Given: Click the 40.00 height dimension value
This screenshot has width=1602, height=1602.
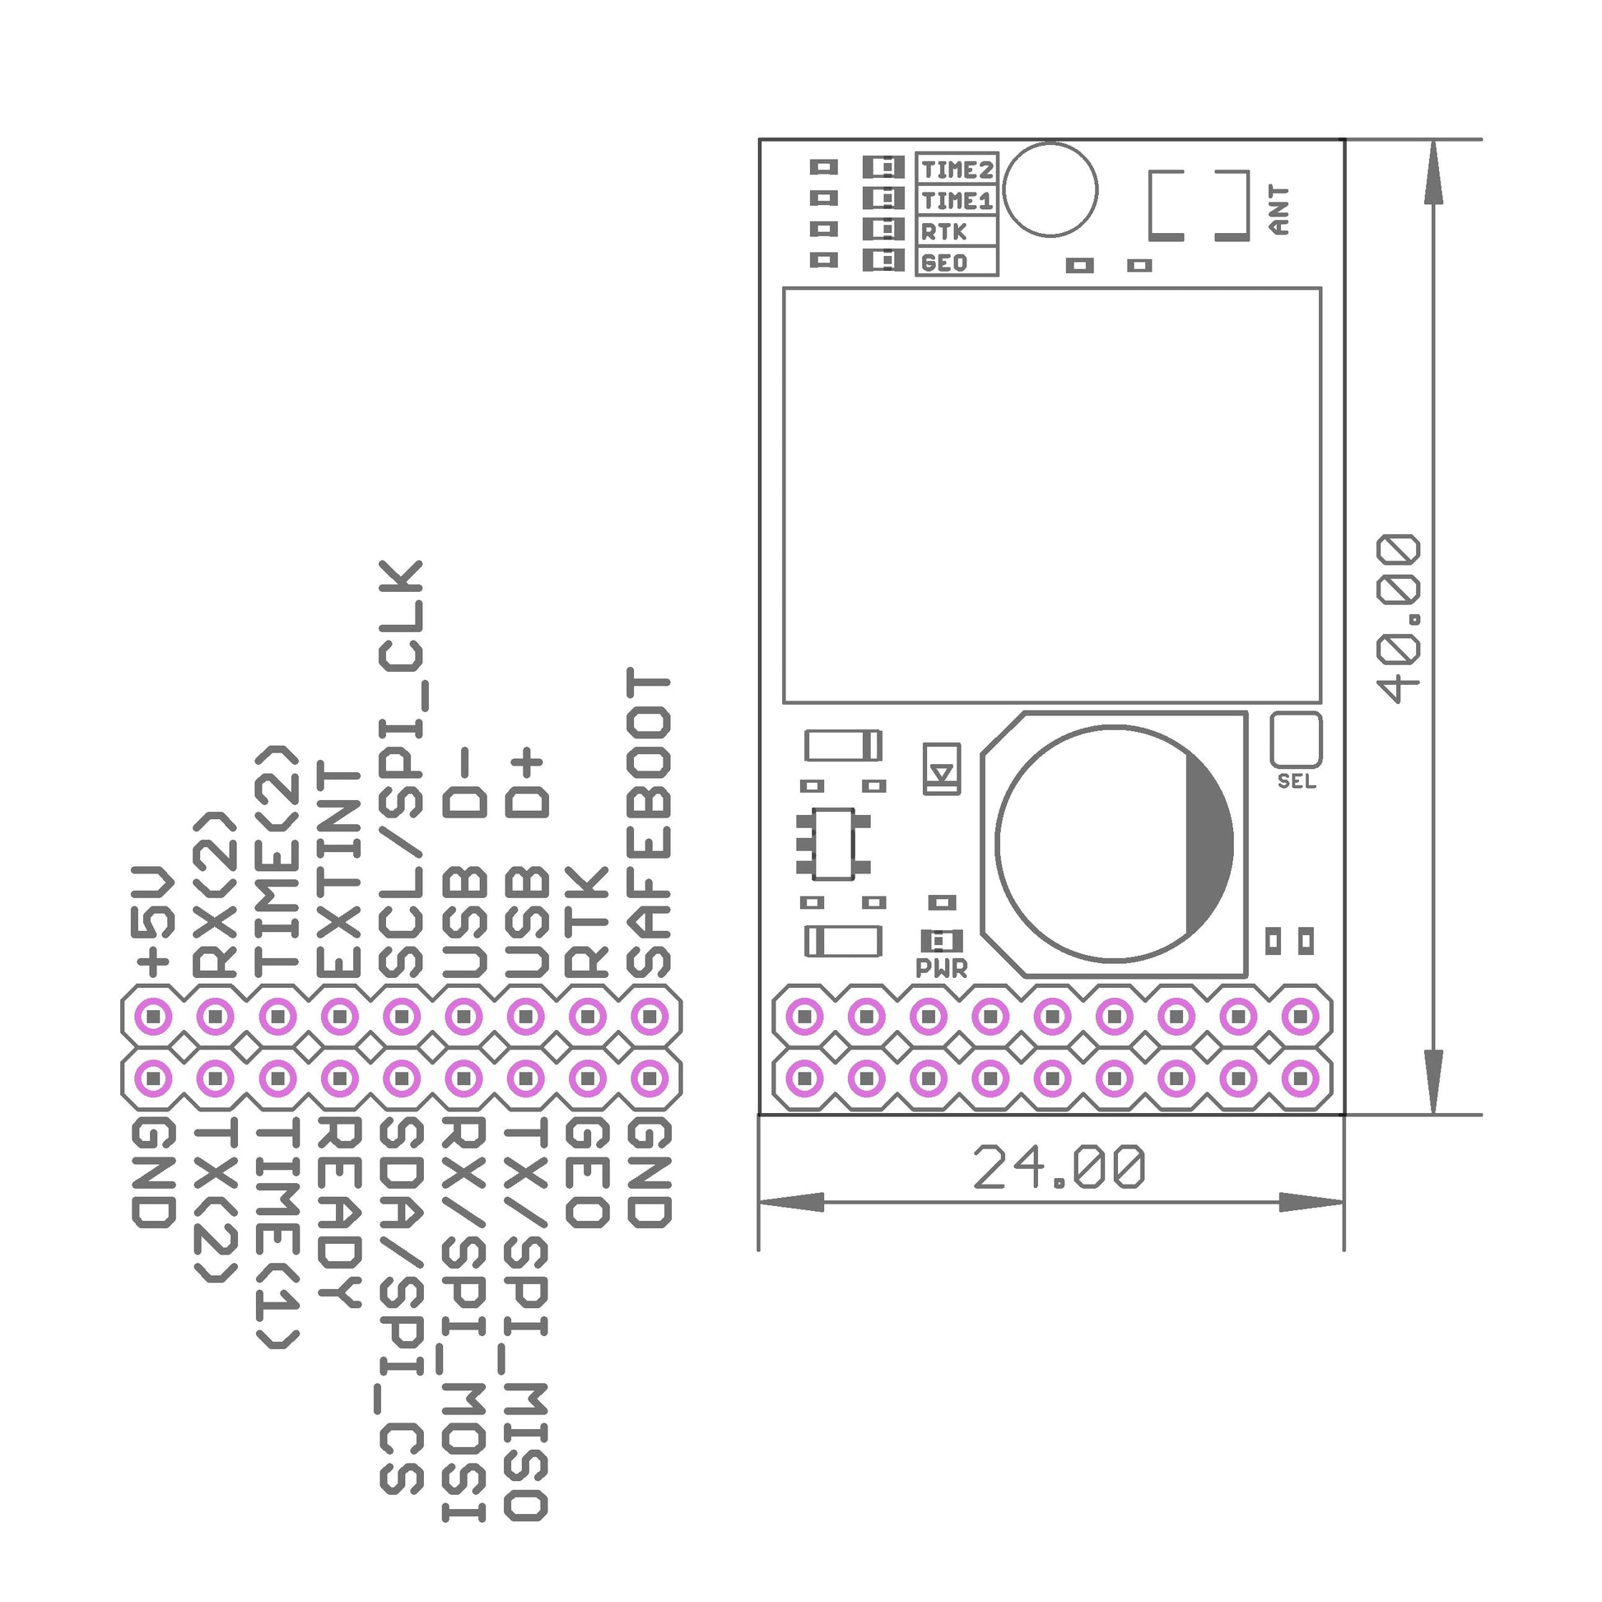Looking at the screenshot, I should click(x=1398, y=618).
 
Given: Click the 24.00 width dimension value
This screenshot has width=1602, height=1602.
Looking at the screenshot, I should click(x=1059, y=1167).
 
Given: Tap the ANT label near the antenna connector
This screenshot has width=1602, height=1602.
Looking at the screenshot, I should click(x=1279, y=210).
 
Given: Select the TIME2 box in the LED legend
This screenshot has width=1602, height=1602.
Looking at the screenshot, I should click(x=956, y=169).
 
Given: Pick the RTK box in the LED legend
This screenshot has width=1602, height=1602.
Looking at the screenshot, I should click(x=956, y=231).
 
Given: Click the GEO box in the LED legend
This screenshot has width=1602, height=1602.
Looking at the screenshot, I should click(x=956, y=262).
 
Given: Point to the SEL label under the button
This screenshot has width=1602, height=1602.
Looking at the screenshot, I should click(x=1296, y=781).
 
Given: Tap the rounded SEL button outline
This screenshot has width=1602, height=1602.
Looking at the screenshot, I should click(x=1295, y=739).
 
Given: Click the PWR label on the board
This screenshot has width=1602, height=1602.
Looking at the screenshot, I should click(x=941, y=967).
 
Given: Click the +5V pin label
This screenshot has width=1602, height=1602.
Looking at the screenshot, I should click(x=153, y=921).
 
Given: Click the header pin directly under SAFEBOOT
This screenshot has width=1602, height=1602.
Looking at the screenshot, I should click(x=650, y=1015).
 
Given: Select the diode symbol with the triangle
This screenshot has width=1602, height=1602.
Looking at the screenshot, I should click(x=942, y=769).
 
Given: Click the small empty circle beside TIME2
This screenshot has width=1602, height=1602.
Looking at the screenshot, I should click(x=1050, y=189).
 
